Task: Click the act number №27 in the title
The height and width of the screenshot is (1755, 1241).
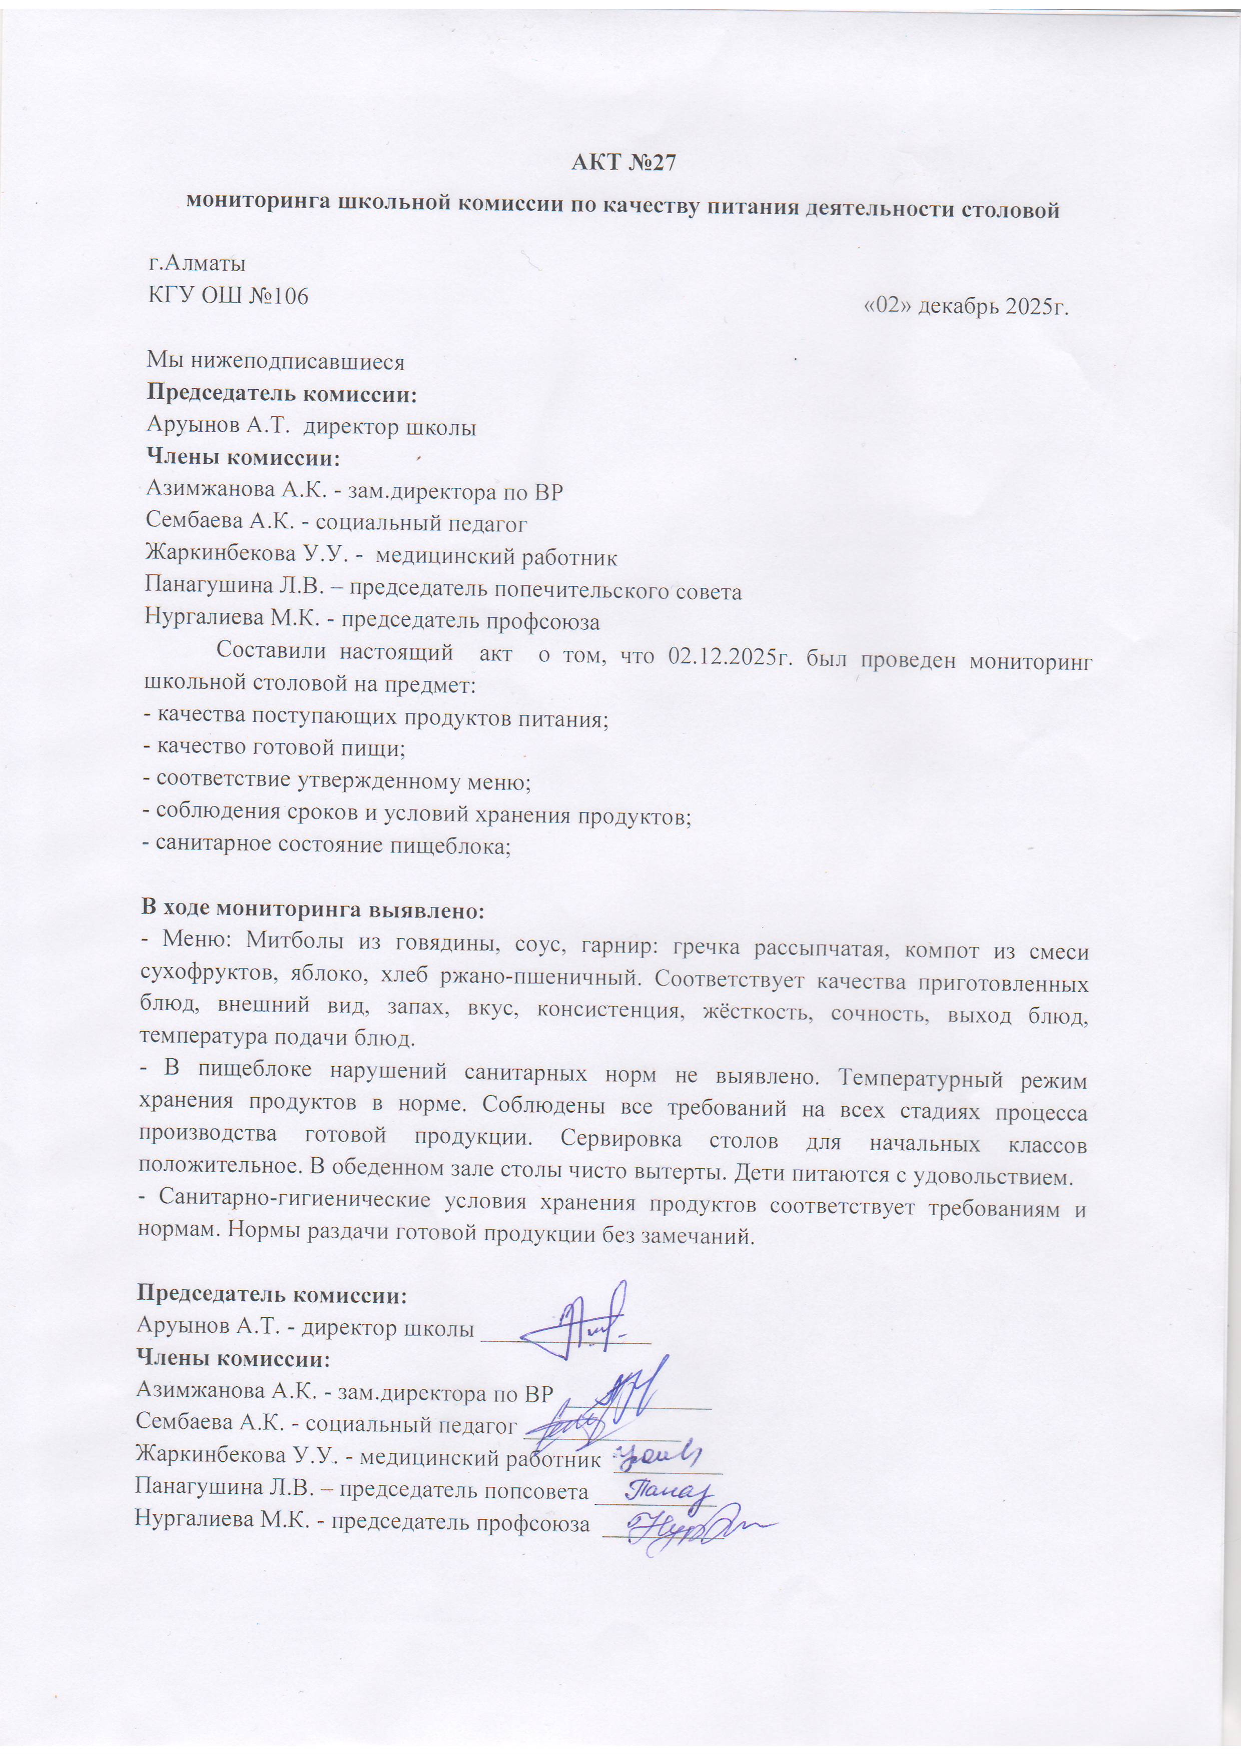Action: (x=651, y=163)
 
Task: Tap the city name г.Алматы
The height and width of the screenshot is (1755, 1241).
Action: (x=197, y=264)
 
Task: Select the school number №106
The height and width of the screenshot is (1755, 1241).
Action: (x=279, y=296)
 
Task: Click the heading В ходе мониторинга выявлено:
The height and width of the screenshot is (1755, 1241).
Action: (x=312, y=910)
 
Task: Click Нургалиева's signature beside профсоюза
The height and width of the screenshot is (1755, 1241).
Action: (x=688, y=1525)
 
